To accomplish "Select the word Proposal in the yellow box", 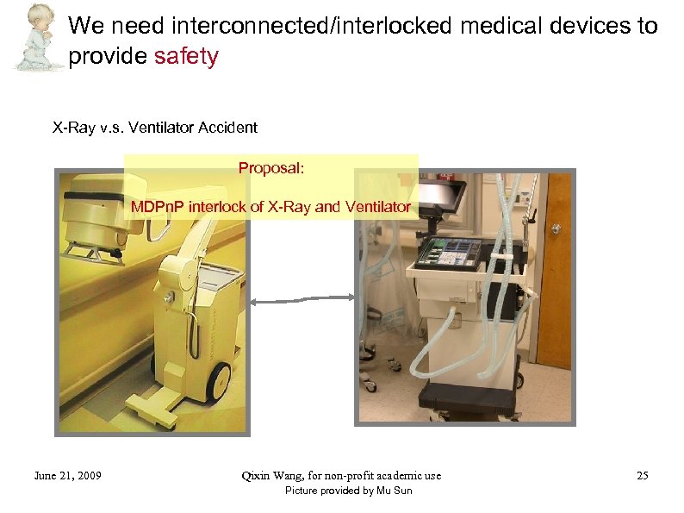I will [x=270, y=168].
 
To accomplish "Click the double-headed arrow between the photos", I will [x=302, y=298].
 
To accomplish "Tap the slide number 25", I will [x=642, y=475].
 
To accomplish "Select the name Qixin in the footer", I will [x=258, y=475].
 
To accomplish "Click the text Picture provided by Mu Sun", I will [x=348, y=491].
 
